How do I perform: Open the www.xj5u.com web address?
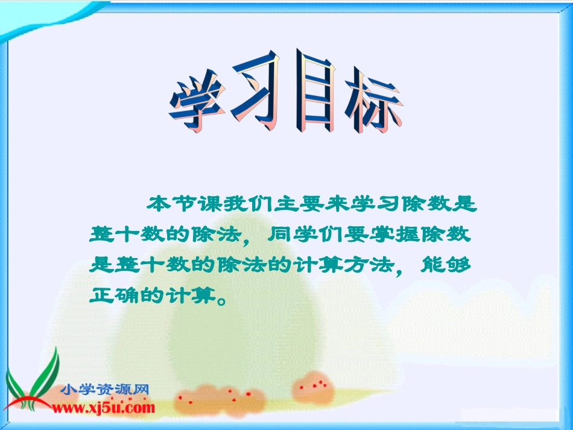click(103, 408)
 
